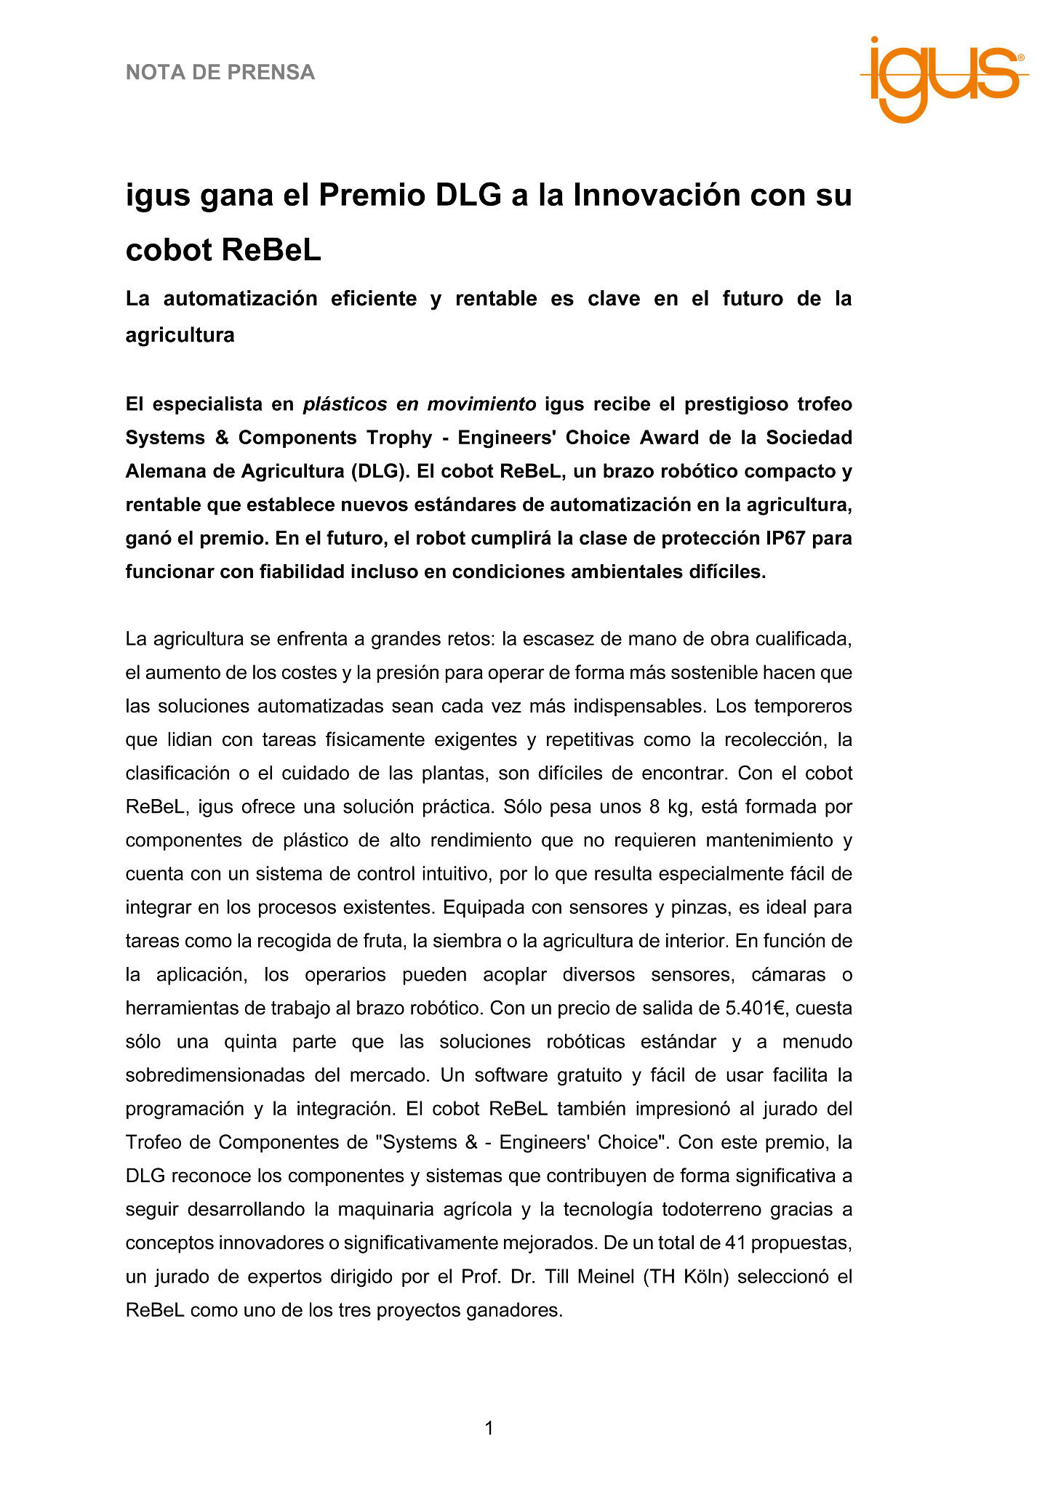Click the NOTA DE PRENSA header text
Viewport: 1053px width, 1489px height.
(x=220, y=72)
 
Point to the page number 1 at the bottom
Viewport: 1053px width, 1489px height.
(x=489, y=1428)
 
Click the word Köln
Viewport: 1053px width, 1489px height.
(x=705, y=1277)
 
